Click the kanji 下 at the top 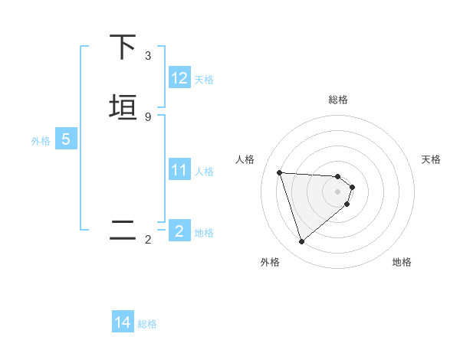click(123, 47)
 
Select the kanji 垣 click(123, 107)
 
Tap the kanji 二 click(123, 231)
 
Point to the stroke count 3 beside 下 click(148, 56)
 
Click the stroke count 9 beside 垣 click(148, 116)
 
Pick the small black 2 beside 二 click(148, 241)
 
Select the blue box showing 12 click(179, 78)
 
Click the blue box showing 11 click(179, 170)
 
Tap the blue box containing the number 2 click(179, 231)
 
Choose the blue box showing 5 click(66, 139)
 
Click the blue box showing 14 click(123, 322)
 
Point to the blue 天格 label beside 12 click(204, 79)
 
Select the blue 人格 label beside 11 click(204, 171)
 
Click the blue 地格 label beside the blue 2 click(204, 232)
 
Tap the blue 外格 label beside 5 click(41, 140)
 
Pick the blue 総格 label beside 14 click(147, 324)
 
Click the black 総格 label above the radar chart click(338, 100)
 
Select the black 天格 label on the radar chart click(432, 159)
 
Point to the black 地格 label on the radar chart click(402, 262)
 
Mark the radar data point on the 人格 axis click(280, 172)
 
